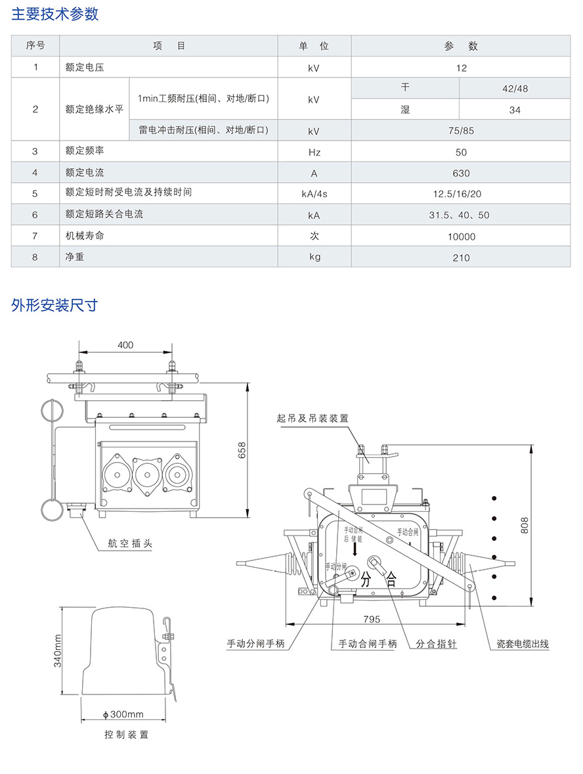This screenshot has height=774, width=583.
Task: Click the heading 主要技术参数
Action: tap(54, 14)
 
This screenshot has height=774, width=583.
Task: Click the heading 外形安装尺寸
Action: tap(54, 305)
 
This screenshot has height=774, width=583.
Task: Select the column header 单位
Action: tap(314, 46)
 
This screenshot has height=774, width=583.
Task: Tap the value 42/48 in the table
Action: tap(515, 88)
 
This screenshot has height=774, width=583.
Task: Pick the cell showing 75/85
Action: tap(461, 131)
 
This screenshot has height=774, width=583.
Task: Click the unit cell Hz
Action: tap(314, 152)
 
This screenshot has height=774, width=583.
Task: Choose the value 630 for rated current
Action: tap(461, 173)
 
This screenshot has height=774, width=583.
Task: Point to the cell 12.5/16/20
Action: tap(457, 194)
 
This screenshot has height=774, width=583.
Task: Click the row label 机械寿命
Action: tap(85, 235)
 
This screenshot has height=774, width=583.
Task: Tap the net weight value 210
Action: tap(461, 258)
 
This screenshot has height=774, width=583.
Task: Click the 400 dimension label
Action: tap(125, 345)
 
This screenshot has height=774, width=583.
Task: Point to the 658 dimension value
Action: tap(242, 450)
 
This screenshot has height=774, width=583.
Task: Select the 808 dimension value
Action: tap(525, 525)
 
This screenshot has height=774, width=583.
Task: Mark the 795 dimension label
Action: tap(372, 619)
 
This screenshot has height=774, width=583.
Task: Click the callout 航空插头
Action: tap(130, 543)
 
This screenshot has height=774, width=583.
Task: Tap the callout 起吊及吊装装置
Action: tap(313, 418)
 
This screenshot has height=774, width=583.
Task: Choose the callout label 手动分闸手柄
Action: tap(255, 643)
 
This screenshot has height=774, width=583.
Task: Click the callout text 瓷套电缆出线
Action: tap(523, 644)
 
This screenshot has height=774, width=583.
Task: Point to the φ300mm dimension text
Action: tap(123, 714)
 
